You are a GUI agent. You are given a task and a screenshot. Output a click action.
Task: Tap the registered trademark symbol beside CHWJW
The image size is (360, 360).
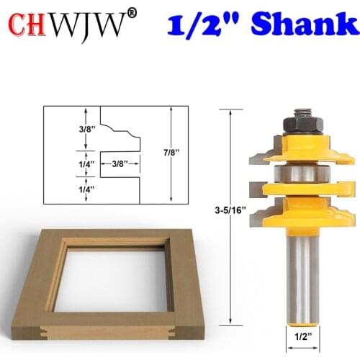coord(131,13)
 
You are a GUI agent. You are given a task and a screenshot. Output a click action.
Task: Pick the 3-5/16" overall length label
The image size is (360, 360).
coord(230,209)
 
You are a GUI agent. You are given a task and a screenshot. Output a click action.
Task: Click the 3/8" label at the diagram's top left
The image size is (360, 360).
coord(66,131)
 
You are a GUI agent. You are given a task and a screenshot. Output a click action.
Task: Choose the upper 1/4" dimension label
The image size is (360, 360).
coord(66,164)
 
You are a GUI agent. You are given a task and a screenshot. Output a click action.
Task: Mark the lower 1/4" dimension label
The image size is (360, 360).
coord(66,189)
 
